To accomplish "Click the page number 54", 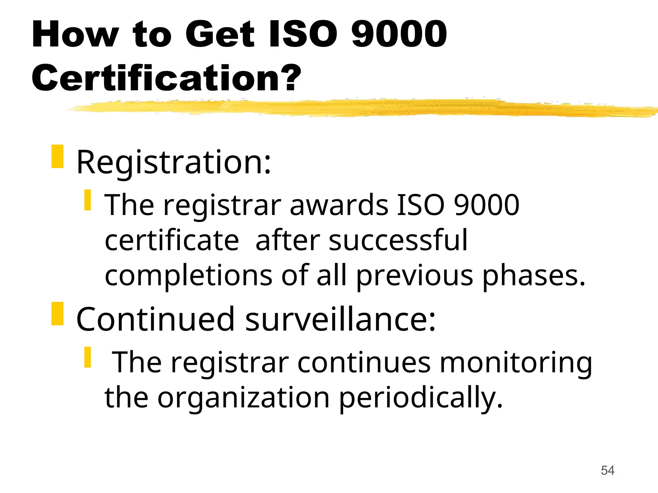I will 608,471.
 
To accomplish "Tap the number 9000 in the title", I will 399,34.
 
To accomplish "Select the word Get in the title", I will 220,34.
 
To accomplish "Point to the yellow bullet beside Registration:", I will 58,156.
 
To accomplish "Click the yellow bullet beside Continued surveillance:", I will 58,314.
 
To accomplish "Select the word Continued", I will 156,319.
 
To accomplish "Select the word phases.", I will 534,276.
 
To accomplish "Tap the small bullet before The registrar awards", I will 88,200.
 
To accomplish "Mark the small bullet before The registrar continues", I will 88,357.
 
